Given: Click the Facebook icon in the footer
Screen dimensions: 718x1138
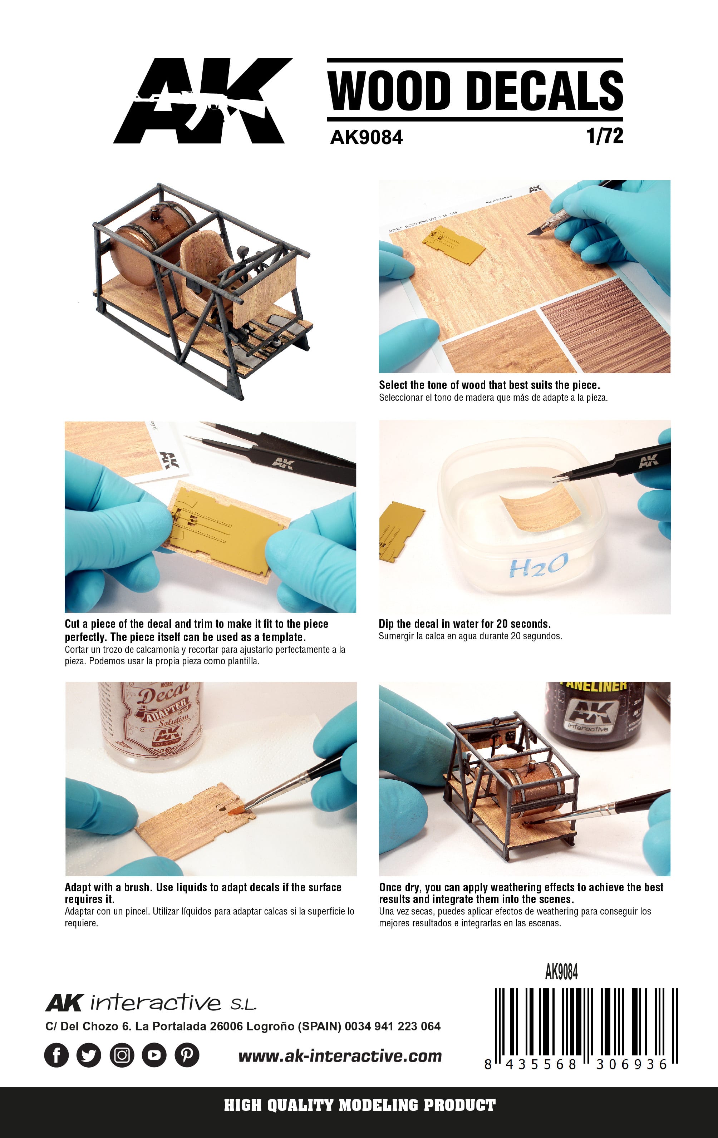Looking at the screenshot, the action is [56, 1055].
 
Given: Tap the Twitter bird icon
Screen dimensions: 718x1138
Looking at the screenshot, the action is [89, 1055].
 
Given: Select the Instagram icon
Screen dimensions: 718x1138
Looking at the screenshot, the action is [122, 1055].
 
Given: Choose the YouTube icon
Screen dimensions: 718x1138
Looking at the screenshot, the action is [154, 1055].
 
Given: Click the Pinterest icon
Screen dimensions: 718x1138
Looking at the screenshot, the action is [187, 1055].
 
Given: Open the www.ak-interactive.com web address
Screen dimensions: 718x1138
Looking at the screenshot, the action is [340, 1056].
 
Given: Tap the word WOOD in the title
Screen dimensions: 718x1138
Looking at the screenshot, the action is [389, 90].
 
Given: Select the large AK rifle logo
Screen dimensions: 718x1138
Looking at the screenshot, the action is [202, 101].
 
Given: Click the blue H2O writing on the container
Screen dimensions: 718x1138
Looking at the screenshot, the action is [539, 566].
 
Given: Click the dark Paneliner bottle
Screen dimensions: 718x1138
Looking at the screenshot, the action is [595, 714].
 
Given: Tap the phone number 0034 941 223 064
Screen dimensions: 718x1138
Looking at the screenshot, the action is [392, 1026].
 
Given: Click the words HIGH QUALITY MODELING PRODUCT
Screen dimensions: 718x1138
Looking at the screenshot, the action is [360, 1105].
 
